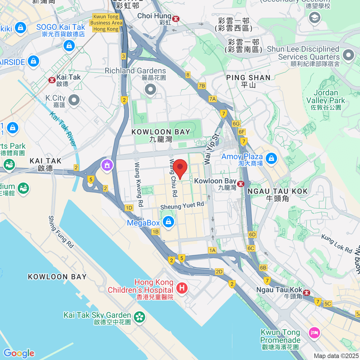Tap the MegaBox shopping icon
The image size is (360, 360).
[x=168, y=222]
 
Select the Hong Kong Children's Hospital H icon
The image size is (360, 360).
[x=182, y=288]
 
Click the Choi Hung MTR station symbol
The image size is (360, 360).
[x=177, y=19]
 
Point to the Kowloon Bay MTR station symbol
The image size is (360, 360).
[x=241, y=183]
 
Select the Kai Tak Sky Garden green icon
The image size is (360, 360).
[x=139, y=316]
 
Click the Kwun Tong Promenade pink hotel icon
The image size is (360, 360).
[x=314, y=332]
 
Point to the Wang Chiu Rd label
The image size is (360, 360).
[x=172, y=178]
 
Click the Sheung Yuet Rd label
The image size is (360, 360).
[x=182, y=205]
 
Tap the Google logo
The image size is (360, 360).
[x=19, y=353]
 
